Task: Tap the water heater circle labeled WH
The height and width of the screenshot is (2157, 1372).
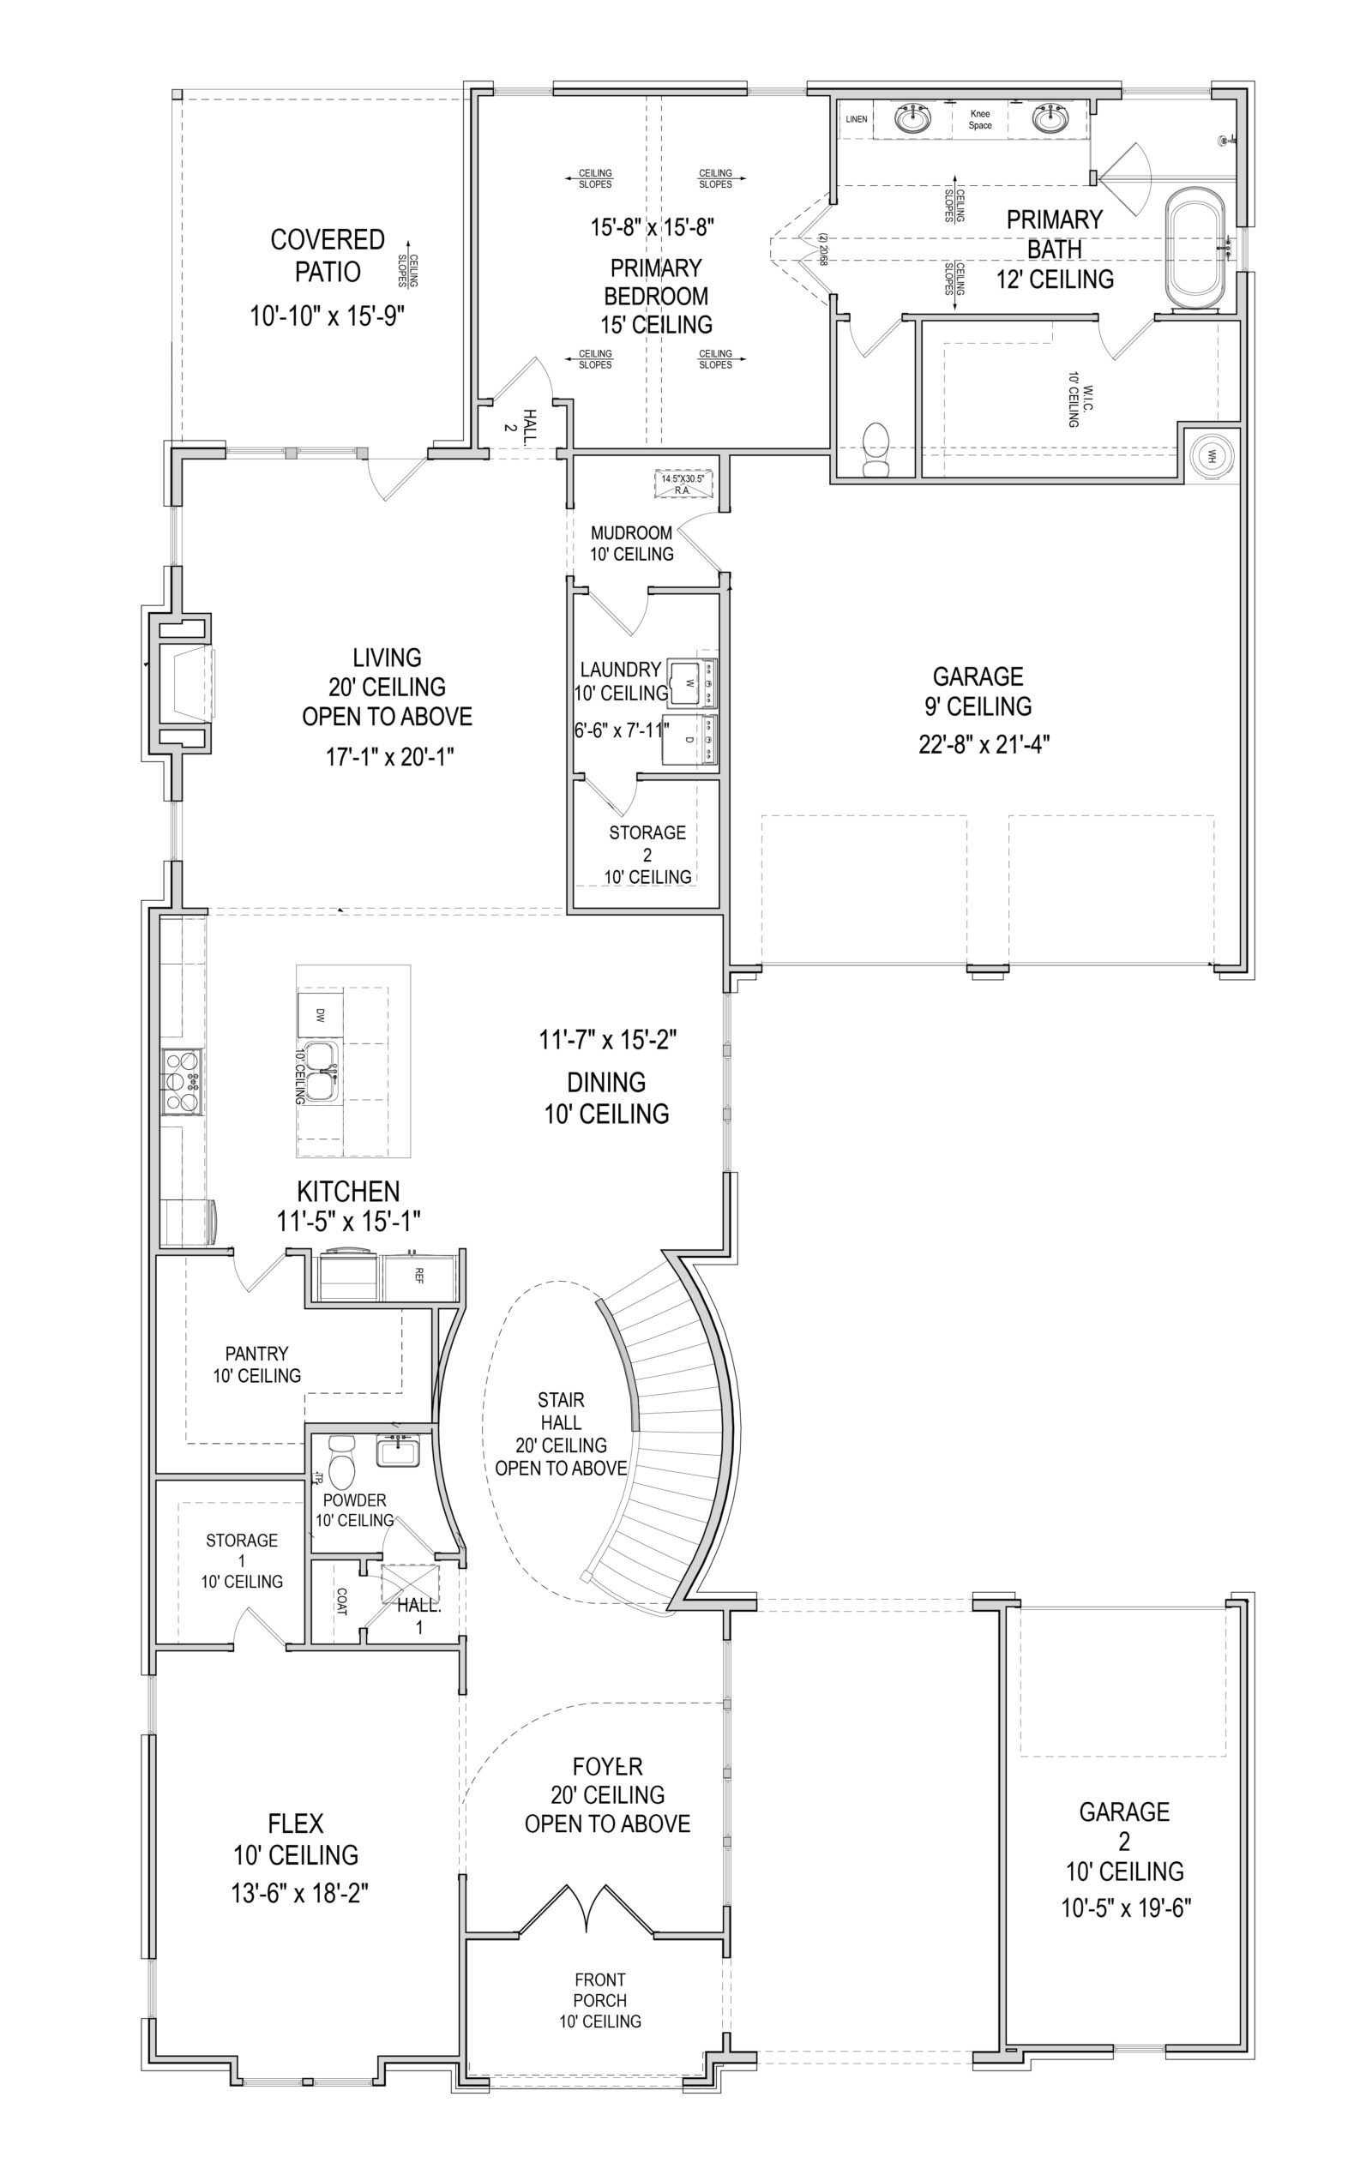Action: [1213, 454]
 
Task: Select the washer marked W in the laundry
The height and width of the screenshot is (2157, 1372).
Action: [691, 683]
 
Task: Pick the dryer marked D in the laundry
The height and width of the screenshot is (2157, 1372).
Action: [691, 739]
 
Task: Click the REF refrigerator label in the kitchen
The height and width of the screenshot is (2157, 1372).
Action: [418, 1276]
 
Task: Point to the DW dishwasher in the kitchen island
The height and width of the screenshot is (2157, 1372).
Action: [320, 1015]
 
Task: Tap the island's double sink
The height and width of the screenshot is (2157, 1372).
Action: [320, 1072]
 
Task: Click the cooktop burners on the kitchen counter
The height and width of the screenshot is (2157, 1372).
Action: [183, 1081]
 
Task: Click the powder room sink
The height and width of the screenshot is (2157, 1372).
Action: [398, 1450]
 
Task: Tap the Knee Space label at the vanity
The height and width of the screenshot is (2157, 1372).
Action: [979, 120]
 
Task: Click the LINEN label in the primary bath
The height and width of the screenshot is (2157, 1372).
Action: [856, 119]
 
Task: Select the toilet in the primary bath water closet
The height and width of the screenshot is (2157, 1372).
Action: [875, 450]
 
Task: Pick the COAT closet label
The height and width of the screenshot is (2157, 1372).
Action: [341, 1601]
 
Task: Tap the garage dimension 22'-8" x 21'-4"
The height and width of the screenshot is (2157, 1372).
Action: [983, 743]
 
